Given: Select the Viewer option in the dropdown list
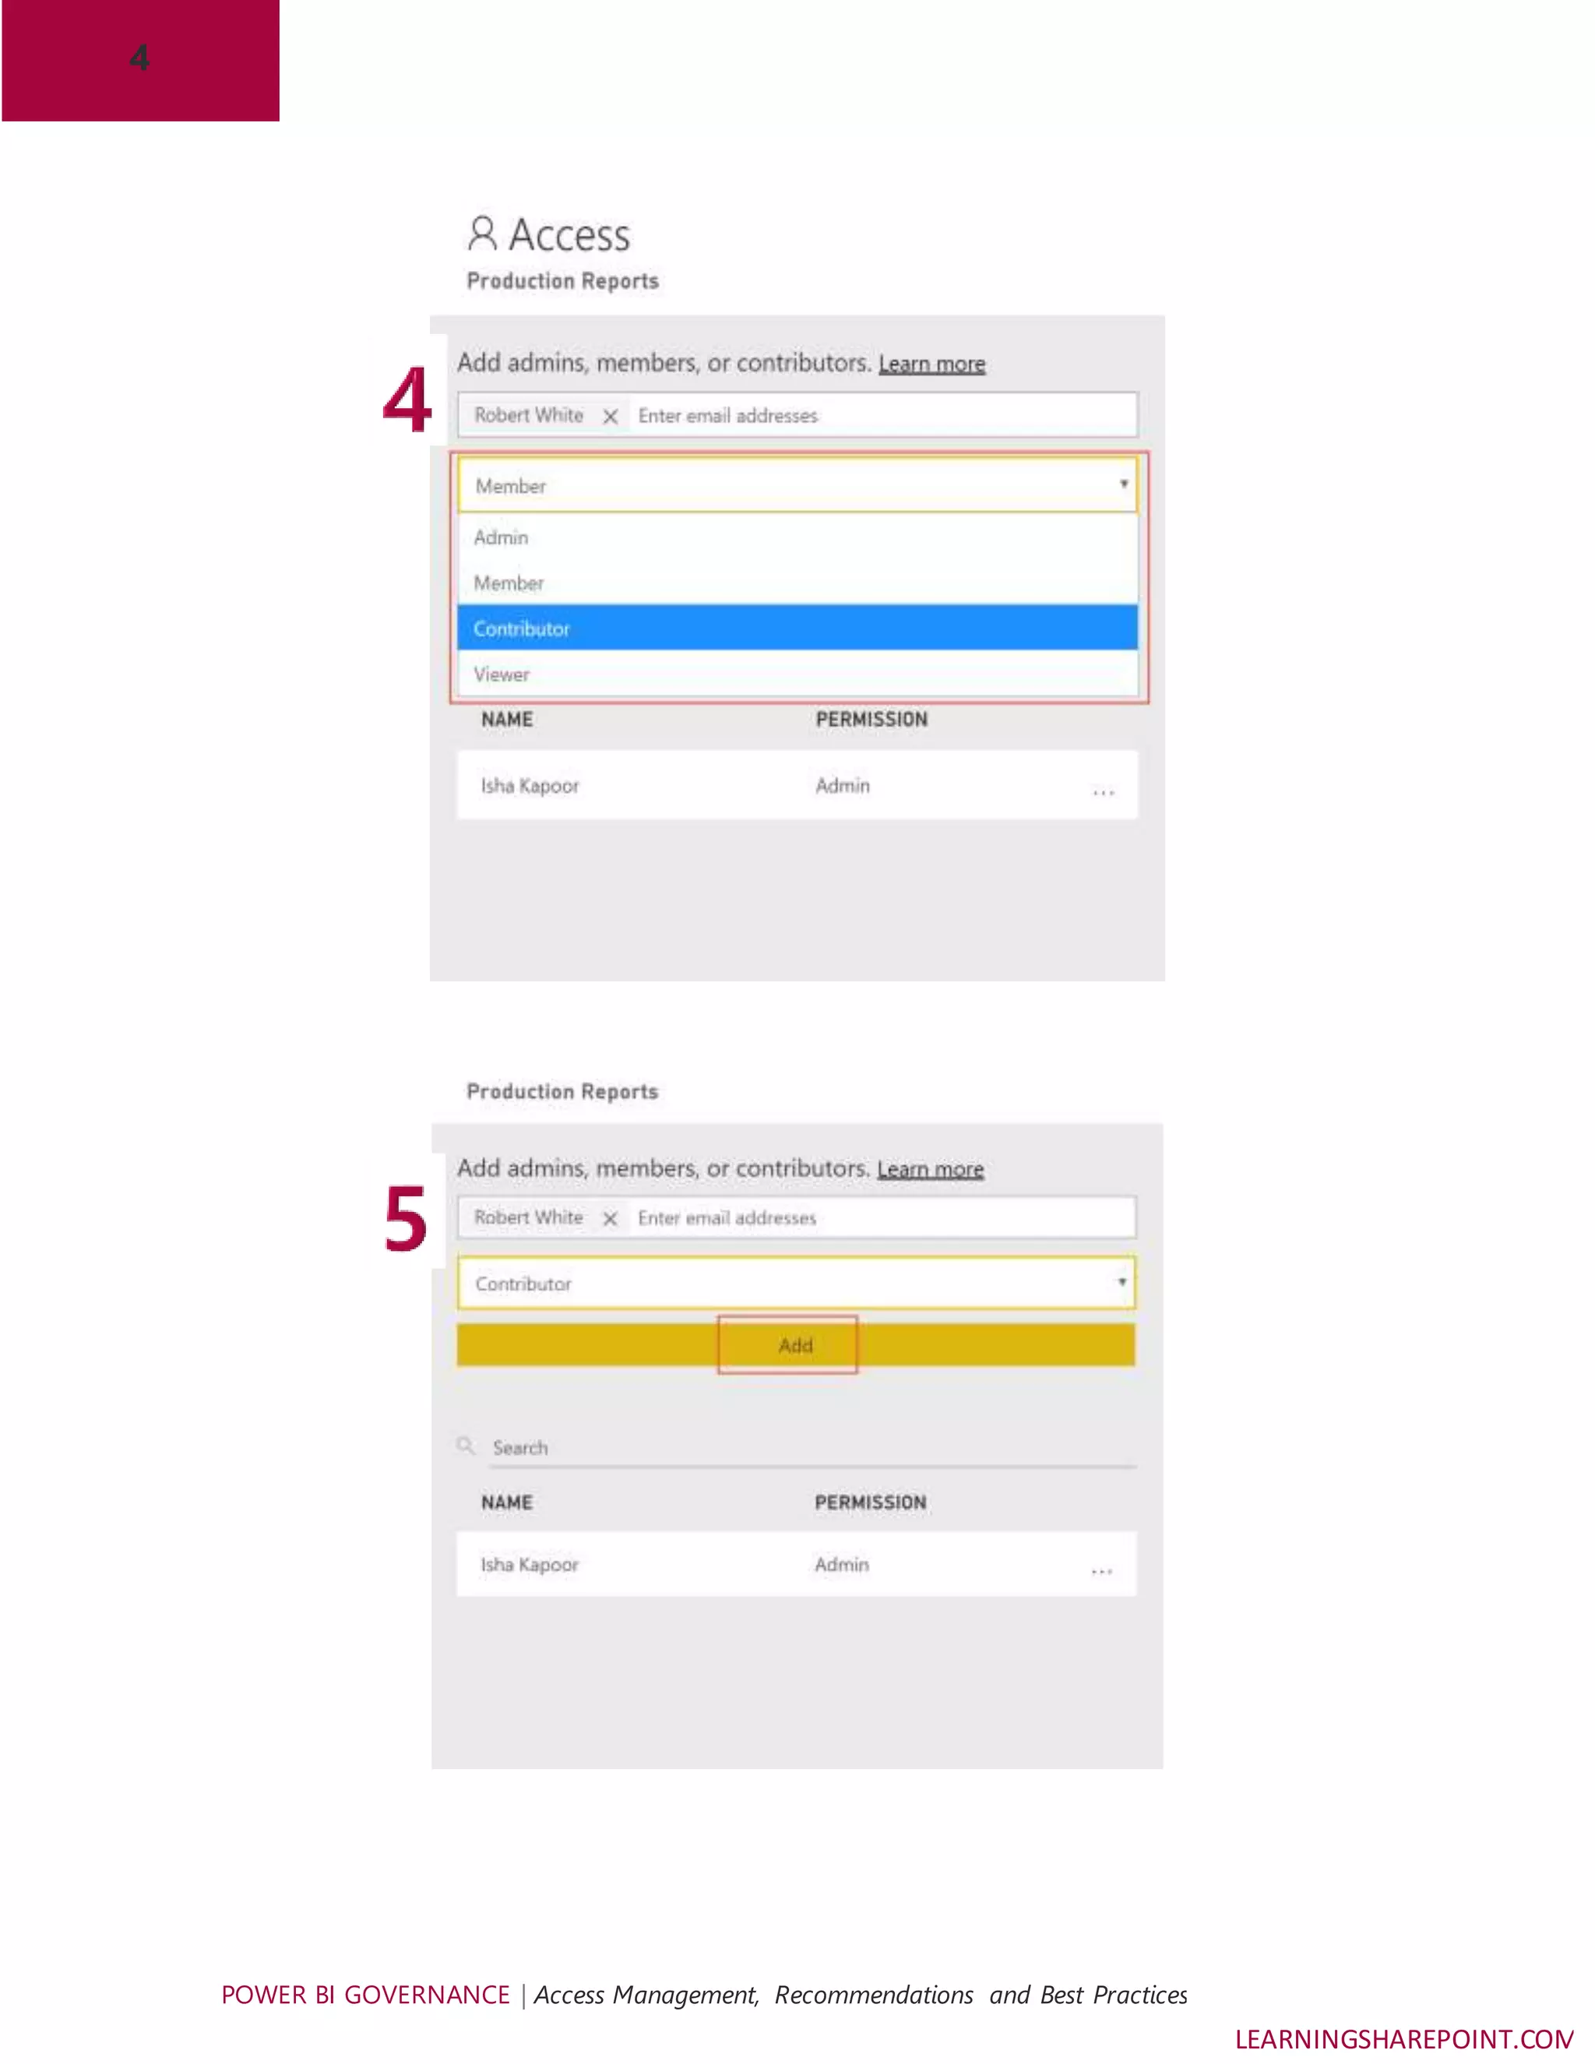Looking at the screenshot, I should tap(502, 674).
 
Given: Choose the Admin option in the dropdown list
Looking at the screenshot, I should tap(502, 537).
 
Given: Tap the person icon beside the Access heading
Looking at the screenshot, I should tap(482, 234).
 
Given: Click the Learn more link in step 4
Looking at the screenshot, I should tap(931, 364).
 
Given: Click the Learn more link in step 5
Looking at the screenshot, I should tap(930, 1169).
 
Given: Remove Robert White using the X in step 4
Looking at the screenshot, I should tap(611, 416).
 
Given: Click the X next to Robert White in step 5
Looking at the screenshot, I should tap(611, 1218).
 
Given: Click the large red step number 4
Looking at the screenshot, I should tap(407, 400).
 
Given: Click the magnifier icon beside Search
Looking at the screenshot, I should tap(466, 1445).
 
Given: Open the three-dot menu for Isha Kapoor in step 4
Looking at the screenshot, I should tap(1103, 792).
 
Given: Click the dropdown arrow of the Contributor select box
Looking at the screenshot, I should tap(1121, 1283).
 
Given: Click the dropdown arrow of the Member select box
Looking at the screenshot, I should tap(1124, 484).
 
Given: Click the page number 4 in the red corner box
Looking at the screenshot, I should tap(140, 58).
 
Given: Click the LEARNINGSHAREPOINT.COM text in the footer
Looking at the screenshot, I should tap(1403, 2038).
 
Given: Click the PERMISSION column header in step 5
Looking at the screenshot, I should tap(870, 1502).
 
